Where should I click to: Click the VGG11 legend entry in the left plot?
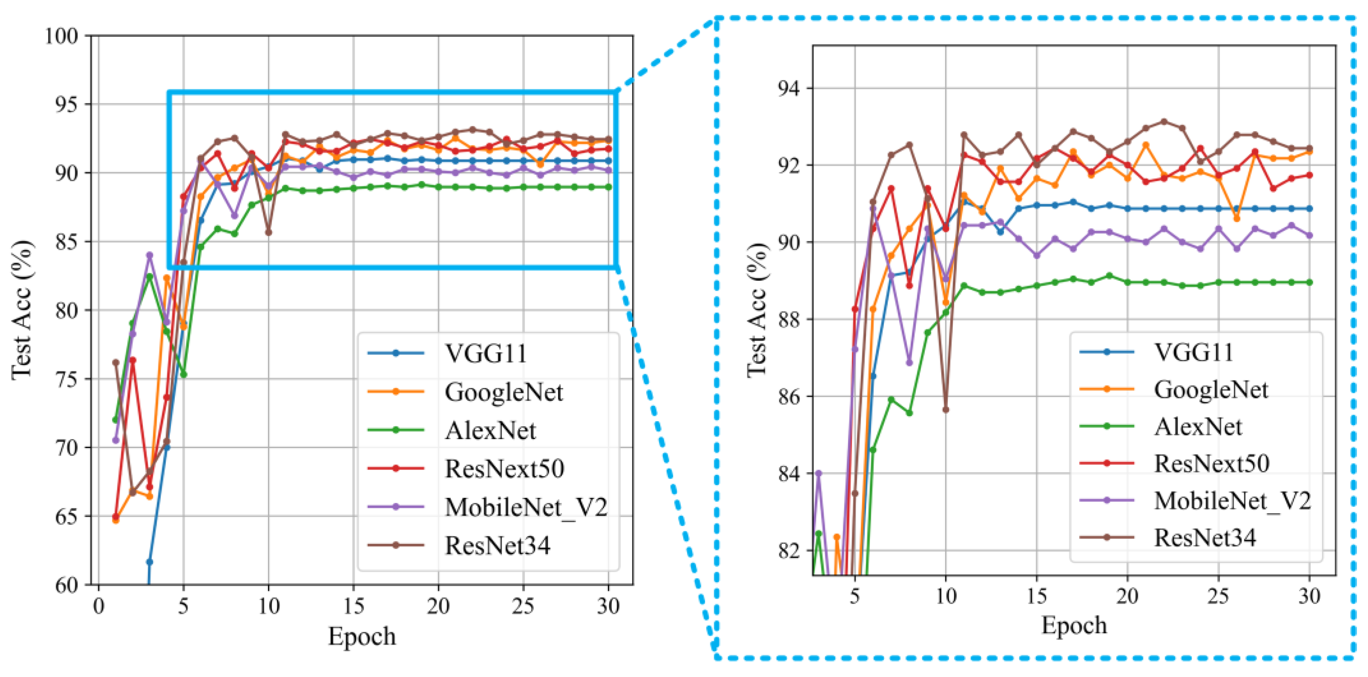point(485,353)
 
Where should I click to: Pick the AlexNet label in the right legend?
point(1197,426)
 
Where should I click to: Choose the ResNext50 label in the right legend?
point(1211,463)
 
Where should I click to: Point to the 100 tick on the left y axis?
point(62,36)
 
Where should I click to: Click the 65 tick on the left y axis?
point(68,517)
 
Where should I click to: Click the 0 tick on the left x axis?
point(98,606)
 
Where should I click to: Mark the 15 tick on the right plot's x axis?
point(1036,596)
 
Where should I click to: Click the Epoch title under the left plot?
point(362,636)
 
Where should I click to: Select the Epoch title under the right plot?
point(1074,625)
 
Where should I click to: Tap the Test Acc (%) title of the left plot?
point(22,310)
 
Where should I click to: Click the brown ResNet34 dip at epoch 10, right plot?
point(945,410)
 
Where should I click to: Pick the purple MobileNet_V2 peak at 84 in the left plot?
point(150,255)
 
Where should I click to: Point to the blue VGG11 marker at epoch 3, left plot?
point(150,562)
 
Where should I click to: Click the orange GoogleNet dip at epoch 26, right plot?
point(1236,218)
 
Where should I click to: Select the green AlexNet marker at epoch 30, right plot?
point(1309,282)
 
